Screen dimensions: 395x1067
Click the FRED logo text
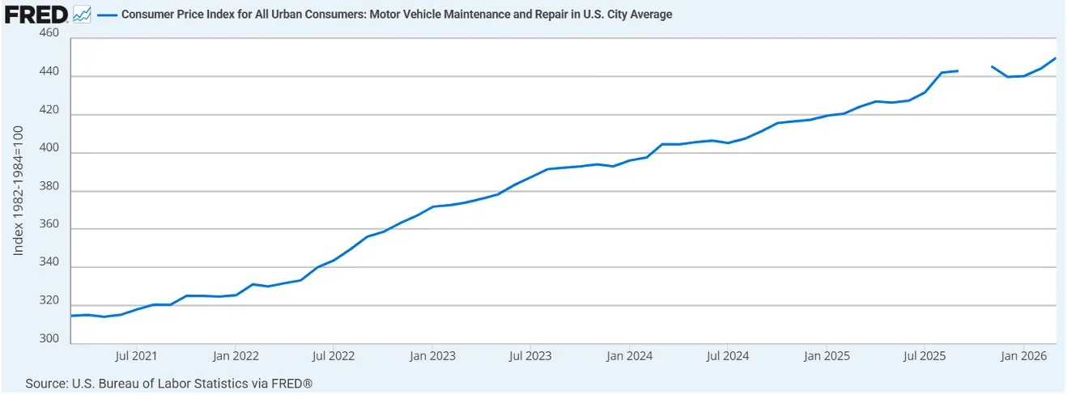[35, 15]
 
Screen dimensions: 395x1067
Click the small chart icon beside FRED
[81, 15]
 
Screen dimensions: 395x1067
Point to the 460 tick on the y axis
[49, 34]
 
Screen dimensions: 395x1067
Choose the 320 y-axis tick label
[49, 301]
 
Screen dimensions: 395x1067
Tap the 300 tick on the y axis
[49, 339]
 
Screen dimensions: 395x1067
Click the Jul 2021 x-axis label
[136, 355]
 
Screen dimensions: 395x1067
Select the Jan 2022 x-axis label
[235, 355]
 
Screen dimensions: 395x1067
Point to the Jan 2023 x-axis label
[431, 355]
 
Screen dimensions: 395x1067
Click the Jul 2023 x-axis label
[529, 355]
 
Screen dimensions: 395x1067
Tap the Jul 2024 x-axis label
[726, 355]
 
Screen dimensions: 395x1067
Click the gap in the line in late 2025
[975, 69]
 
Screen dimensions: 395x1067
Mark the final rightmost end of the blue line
[1056, 58]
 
